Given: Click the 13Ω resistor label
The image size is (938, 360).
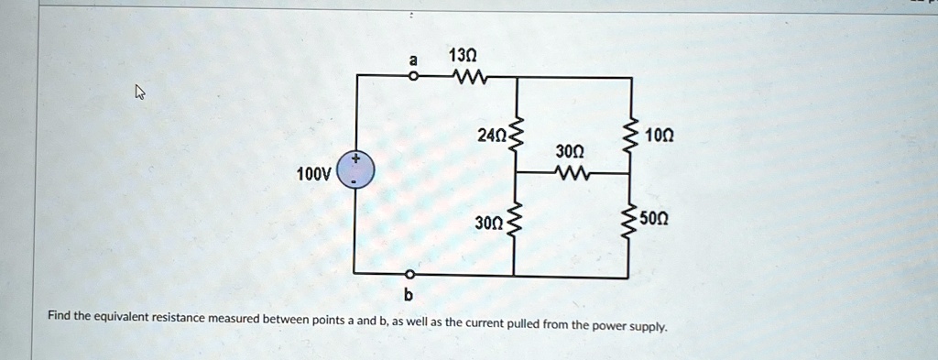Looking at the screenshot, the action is point(462,56).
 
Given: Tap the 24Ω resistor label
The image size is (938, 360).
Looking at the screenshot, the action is point(492,136).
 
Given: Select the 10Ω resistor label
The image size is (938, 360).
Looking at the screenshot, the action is point(659,136).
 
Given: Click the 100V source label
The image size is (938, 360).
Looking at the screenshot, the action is point(313,175).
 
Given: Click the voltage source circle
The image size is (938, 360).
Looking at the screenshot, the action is point(356,170).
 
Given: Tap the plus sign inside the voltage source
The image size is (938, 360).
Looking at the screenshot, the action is point(356,159).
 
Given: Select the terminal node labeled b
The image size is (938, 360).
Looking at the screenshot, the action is point(409,275).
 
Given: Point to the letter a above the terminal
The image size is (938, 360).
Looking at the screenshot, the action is point(412,60).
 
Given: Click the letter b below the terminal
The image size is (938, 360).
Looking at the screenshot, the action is point(409,294).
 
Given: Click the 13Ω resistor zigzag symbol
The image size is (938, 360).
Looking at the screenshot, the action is point(471,77).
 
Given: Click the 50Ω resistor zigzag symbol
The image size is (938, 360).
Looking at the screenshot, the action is point(629,220).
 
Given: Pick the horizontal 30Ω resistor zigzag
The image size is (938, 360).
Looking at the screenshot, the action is point(573,173).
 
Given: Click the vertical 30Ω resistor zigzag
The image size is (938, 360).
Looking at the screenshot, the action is point(516,222).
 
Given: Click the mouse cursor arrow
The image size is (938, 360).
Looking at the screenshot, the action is point(140,93).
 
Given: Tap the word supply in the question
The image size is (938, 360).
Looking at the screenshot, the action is point(649,327).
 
